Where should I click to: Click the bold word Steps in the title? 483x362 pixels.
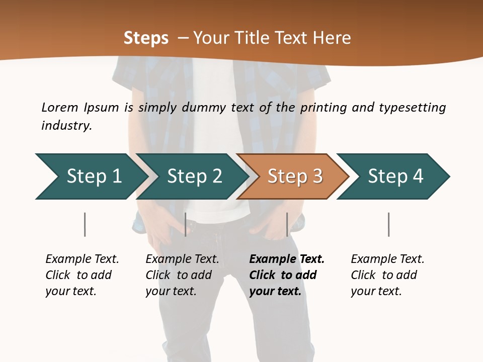point(146,38)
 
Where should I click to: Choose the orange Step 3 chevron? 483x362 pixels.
point(294,176)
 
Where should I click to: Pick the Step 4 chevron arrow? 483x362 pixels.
point(395,176)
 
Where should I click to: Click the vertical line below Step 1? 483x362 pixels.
point(85,224)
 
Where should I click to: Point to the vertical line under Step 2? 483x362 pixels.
point(186,224)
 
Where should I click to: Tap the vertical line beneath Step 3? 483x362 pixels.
point(287,224)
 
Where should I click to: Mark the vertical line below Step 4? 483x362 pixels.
point(389,224)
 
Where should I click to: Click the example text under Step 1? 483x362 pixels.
point(82,275)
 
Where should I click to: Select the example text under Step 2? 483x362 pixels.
point(182,275)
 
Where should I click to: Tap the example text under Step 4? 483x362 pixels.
point(387,275)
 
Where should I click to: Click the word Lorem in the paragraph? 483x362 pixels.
point(60,107)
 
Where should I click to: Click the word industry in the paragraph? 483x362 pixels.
point(66,126)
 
